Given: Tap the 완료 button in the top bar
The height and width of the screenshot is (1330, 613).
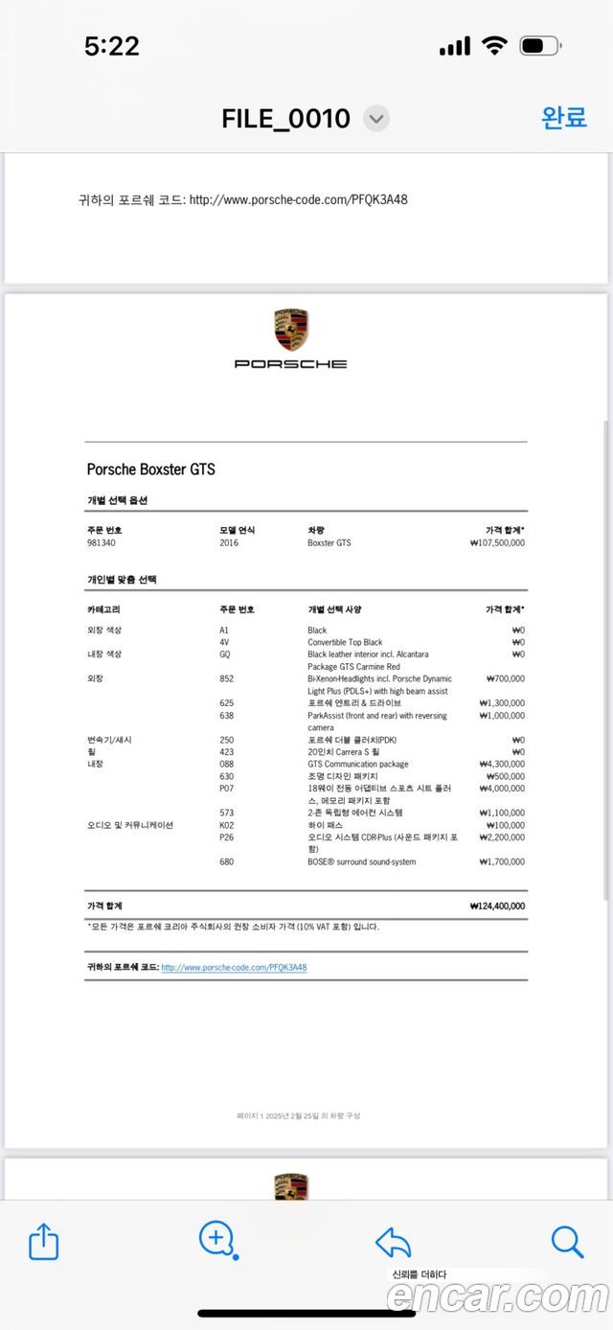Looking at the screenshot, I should coord(564,117).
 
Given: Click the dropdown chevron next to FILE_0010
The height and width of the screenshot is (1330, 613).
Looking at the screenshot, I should coord(377,119).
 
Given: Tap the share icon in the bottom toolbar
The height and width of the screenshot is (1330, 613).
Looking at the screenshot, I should coord(44,1242).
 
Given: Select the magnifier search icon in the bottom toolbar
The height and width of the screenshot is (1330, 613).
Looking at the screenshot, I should coord(567,1242).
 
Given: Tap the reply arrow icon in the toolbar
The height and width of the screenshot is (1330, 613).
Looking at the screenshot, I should coord(393,1243).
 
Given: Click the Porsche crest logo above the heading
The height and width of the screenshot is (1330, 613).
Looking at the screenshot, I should coord(291,330).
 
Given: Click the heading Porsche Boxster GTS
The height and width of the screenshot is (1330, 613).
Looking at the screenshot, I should coord(151,470).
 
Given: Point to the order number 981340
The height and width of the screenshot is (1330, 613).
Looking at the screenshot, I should coord(102,543).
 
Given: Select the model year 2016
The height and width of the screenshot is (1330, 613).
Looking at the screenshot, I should coord(229,543).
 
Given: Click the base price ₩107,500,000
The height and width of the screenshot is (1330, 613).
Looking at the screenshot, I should coord(497,543).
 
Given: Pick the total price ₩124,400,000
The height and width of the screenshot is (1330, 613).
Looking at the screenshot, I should coord(497,906).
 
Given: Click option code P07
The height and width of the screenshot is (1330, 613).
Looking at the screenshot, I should coord(226,789).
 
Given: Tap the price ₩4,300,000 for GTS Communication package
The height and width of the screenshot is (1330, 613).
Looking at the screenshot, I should coord(501,765).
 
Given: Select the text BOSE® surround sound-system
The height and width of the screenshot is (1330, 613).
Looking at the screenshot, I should coord(361,862).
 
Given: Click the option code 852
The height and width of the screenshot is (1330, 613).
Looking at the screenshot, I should coord(226,678).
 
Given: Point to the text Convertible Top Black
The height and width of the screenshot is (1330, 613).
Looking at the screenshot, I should coord(345,642).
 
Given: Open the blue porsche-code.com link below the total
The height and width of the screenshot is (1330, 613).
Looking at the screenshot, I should coord(234,968).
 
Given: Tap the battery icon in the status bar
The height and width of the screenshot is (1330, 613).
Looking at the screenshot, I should coord(540,45).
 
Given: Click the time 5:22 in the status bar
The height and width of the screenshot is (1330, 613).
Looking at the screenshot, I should coord(112,46).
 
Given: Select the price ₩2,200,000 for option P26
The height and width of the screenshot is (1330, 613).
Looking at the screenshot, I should coord(501,837).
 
